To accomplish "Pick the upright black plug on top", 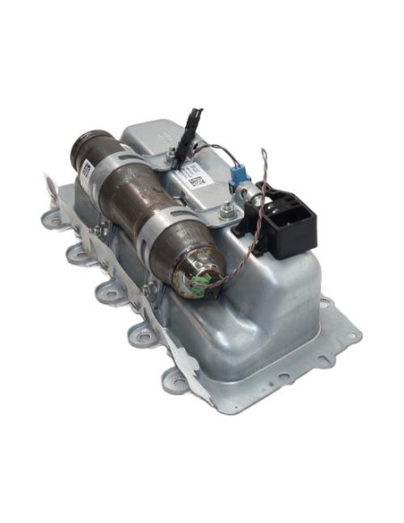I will click(193, 120).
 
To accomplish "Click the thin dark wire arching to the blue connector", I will click(215, 150).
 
